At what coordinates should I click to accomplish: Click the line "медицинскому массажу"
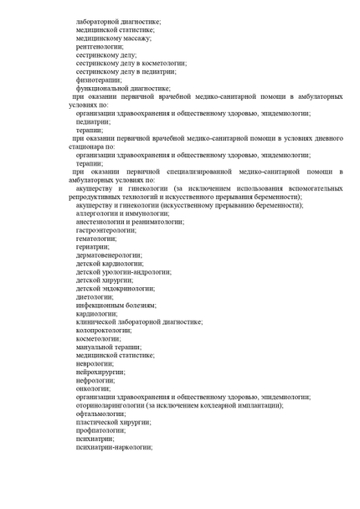pyautogui.click(x=113, y=38)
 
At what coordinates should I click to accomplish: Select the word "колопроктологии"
pyautogui.click(x=104, y=330)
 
